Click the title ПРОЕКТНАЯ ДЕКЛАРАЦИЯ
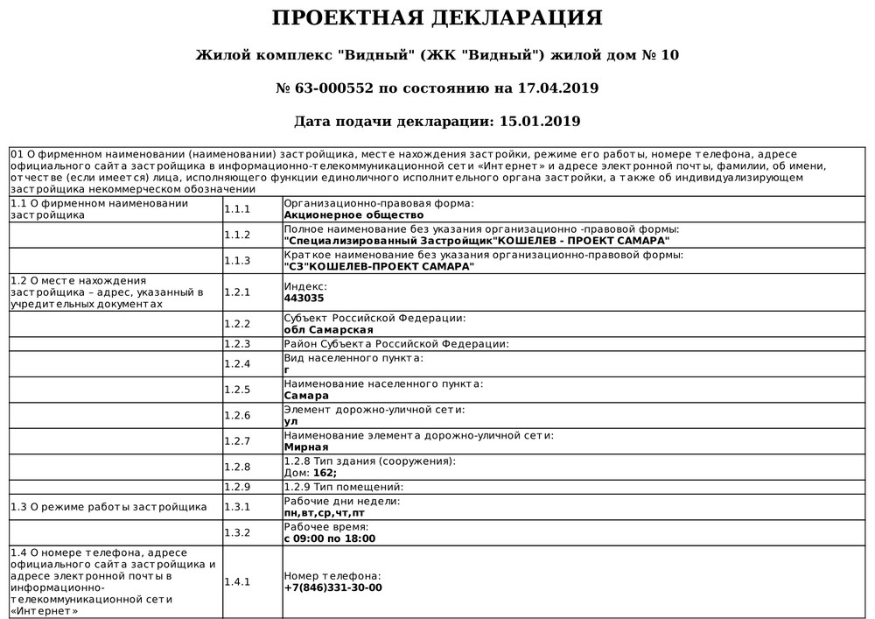pos(437,18)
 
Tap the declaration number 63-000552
pos(337,88)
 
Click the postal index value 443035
pos(304,298)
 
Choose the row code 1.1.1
pos(237,209)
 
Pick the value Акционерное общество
pos(353,215)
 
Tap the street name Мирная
pos(306,447)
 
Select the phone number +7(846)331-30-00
pos(333,587)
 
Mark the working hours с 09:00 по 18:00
pos(330,538)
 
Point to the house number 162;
pos(325,473)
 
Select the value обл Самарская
pos(329,329)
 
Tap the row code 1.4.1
pos(237,581)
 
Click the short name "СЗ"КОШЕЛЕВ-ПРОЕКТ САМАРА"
pos(380,266)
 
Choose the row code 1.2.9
pos(237,487)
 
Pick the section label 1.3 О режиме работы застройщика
pos(108,506)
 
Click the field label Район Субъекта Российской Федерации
pos(396,344)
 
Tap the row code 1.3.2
pos(237,532)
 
